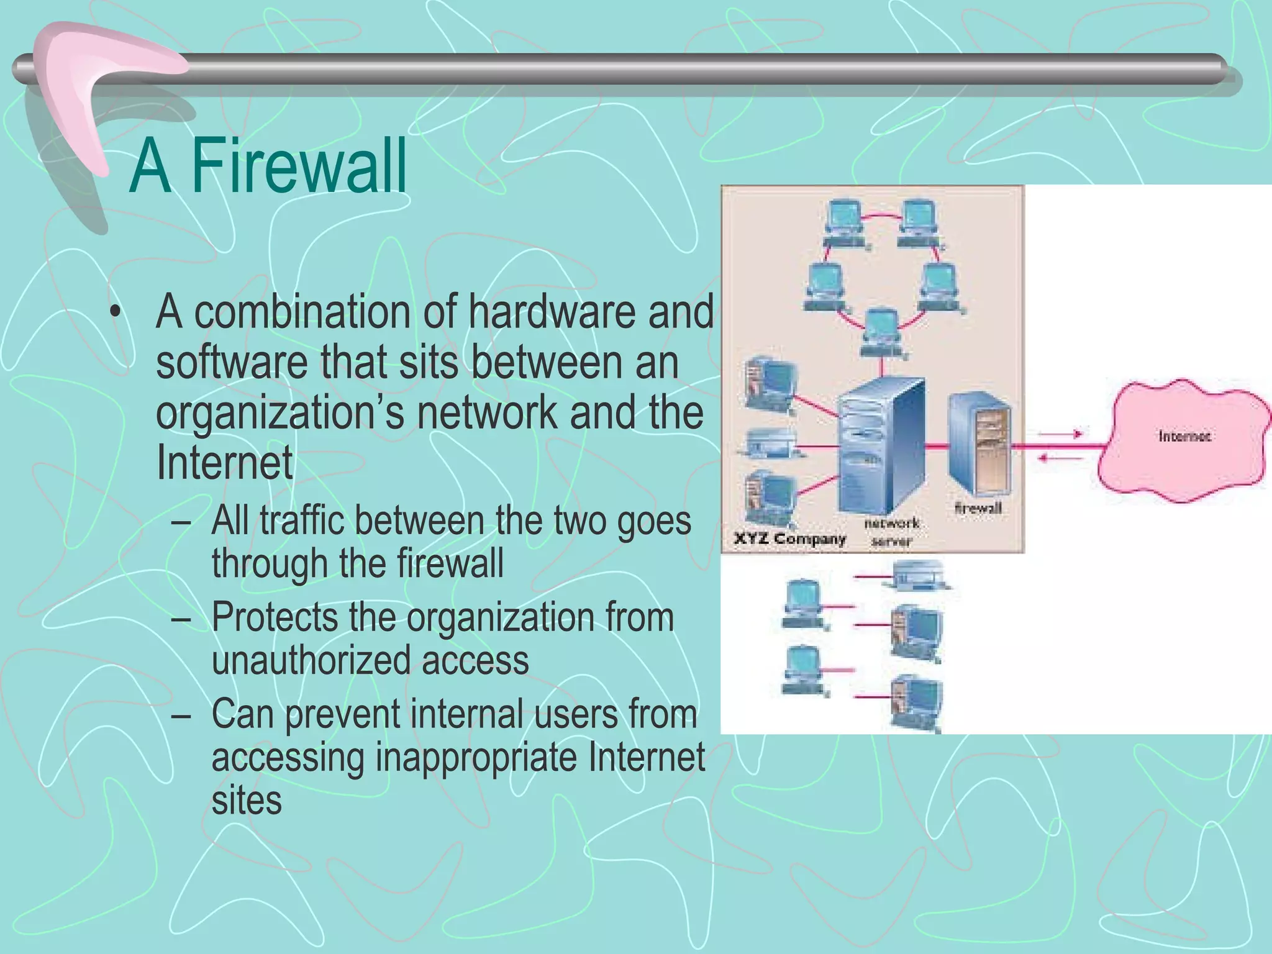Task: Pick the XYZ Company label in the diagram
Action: pyautogui.click(x=789, y=538)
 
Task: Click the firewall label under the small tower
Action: pyautogui.click(x=978, y=508)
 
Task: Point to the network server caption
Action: pyautogui.click(x=891, y=532)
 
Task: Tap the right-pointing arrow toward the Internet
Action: pyautogui.click(x=1061, y=434)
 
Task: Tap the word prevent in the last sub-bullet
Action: pyautogui.click(x=342, y=714)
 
